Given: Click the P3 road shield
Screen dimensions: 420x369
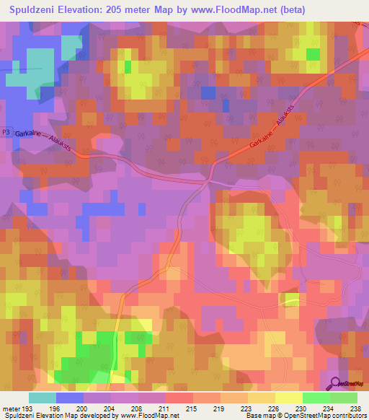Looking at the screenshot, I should [6, 133].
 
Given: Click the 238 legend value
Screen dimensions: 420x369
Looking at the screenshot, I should [354, 407].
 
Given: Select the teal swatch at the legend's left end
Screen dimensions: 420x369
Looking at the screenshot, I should [43, 398].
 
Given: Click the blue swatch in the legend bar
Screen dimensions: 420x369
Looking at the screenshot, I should [70, 398].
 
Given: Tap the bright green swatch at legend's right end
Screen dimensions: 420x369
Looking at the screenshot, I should [343, 398].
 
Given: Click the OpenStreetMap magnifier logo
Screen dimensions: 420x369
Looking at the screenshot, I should [334, 383].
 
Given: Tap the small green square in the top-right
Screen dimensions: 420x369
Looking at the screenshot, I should [313, 54].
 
